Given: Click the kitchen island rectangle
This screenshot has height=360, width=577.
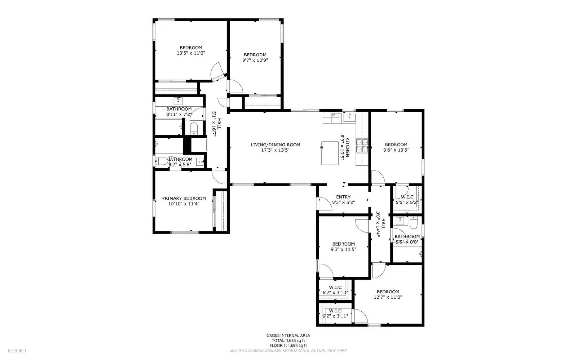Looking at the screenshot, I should coord(330,153).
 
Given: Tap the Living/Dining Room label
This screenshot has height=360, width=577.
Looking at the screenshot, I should coord(276,145).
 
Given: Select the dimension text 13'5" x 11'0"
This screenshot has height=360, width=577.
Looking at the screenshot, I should coord(191,53).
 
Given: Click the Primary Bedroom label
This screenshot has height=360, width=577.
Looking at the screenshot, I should coord(184,198).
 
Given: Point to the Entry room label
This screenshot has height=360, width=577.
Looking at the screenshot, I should coord(343,197).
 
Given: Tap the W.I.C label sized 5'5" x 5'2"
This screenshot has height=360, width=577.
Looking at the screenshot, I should coord(407,197).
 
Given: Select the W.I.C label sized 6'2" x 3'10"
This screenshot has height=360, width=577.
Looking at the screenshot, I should coord(335,287).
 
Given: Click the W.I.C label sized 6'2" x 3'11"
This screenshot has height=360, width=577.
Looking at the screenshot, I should coord(335,311).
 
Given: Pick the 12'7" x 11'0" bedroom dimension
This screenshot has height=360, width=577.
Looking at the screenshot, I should coord(388,297).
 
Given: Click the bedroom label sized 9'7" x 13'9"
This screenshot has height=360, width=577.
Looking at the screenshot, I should coord(255,55).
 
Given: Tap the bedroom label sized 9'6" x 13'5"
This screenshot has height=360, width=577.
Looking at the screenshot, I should coord(396,145).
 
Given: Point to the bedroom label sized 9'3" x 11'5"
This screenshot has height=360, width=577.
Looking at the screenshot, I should coord(343,244).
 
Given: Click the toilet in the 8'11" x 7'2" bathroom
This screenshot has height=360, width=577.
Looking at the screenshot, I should coord(194,128).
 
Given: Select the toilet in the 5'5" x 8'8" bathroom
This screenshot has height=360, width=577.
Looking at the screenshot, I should coord(414,222).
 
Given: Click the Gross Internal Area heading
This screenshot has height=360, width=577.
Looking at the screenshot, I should coord(288,335).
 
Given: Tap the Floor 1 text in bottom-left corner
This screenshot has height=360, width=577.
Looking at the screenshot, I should coord(17,350).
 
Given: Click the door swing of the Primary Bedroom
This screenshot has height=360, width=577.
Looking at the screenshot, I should coord(218,176).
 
